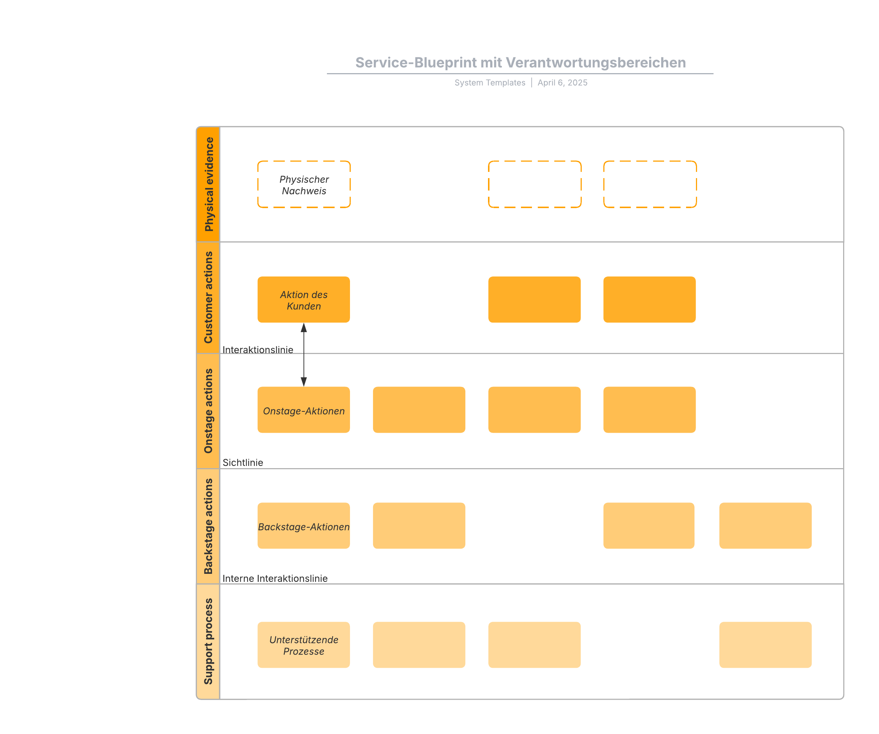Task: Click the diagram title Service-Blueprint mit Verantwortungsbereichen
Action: [520, 63]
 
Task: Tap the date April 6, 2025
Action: [563, 83]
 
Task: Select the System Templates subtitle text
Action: [490, 83]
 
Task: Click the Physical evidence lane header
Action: [208, 184]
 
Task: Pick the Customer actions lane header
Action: [208, 298]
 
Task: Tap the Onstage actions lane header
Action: [208, 411]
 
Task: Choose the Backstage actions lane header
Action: [208, 526]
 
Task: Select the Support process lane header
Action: [208, 641]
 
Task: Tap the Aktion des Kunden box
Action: [304, 300]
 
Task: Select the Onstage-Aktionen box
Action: [304, 410]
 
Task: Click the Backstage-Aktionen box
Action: [304, 526]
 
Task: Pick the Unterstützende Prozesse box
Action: [304, 645]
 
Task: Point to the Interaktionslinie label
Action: [258, 350]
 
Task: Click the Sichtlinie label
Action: [243, 463]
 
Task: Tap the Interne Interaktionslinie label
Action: [275, 579]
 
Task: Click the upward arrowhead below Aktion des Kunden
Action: [304, 327]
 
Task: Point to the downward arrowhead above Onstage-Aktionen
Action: [304, 382]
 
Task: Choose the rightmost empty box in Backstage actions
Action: [766, 526]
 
